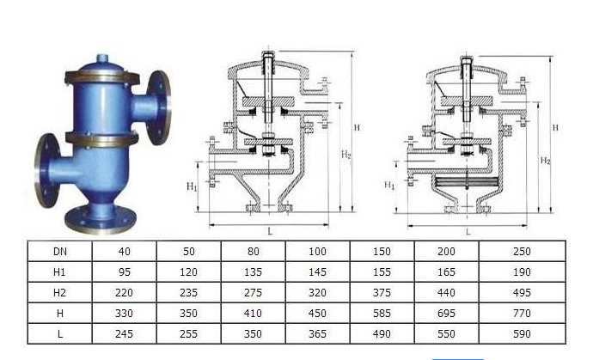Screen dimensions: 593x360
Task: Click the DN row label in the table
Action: point(60,252)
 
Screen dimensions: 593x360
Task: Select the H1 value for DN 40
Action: point(124,272)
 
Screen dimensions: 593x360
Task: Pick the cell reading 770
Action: point(522,313)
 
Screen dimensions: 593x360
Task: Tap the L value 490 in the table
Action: point(382,334)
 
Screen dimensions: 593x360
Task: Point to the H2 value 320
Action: point(317,293)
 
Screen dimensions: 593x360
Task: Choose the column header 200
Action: point(446,252)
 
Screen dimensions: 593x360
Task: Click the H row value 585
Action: point(382,313)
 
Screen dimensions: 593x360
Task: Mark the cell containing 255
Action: point(188,334)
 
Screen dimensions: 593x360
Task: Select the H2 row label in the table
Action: point(59,293)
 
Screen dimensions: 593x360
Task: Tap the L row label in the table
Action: point(60,334)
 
